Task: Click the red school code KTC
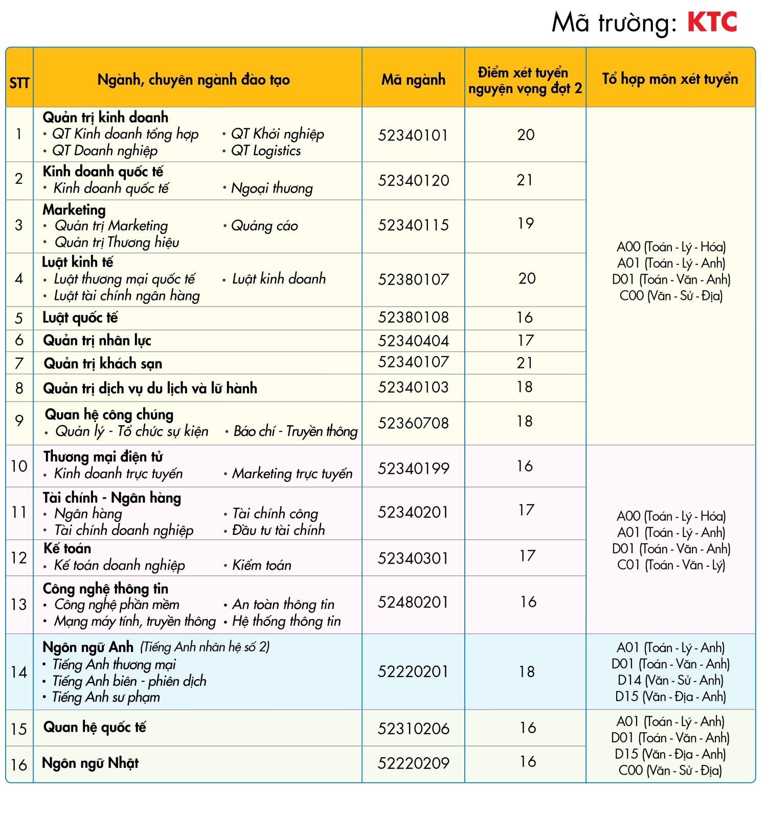coord(712,22)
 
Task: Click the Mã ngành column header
coord(413,80)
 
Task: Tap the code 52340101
coord(413,135)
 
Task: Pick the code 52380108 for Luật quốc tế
coord(413,317)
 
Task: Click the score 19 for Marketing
coord(526,224)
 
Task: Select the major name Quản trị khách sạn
coord(103,364)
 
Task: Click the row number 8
coord(19,388)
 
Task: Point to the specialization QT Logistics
coord(266,151)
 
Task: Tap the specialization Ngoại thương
coord(272,189)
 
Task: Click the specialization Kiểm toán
coord(262,565)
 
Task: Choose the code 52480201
coord(413,602)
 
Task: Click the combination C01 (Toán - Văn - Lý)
coord(671,565)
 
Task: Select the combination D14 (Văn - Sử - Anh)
coord(670,681)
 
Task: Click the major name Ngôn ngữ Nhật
coord(91,763)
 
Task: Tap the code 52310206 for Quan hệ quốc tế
coord(413,729)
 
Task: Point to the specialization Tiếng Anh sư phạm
coord(106,697)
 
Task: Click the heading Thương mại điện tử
coord(103,457)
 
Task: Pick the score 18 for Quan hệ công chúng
coord(525,422)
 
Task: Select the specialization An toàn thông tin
coord(283,605)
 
